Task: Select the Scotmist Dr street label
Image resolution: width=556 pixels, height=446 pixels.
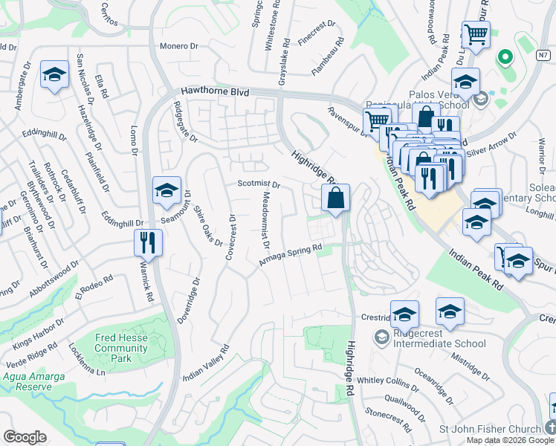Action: tap(258, 184)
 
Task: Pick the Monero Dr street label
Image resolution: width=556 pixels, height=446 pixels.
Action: tap(181, 45)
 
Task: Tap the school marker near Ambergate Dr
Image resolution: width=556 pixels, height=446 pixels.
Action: tap(54, 74)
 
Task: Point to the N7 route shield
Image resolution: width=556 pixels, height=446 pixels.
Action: tap(545, 54)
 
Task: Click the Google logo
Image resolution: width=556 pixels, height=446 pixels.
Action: tap(25, 437)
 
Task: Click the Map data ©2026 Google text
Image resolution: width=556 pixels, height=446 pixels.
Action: tap(509, 440)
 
